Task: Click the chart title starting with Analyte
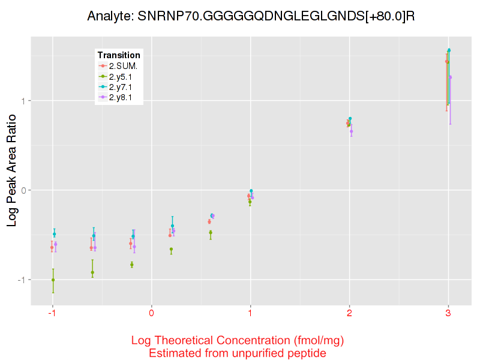[x=251, y=16]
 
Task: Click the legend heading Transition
[x=119, y=55]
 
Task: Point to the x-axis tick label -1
[x=53, y=313]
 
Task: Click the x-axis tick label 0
[x=152, y=313]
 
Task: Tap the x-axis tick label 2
[x=349, y=313]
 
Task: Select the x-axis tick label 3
[x=448, y=313]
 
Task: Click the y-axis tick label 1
[x=23, y=101]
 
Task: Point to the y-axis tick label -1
[x=22, y=280]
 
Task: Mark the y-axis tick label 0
[x=23, y=190]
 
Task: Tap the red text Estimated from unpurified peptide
[x=237, y=353]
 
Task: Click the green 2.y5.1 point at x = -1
[x=53, y=280]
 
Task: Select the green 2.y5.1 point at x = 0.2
[x=172, y=250]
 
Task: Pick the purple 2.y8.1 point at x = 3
[x=451, y=77]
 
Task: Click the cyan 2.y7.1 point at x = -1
[x=54, y=234]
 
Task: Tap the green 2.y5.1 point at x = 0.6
[x=211, y=232]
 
